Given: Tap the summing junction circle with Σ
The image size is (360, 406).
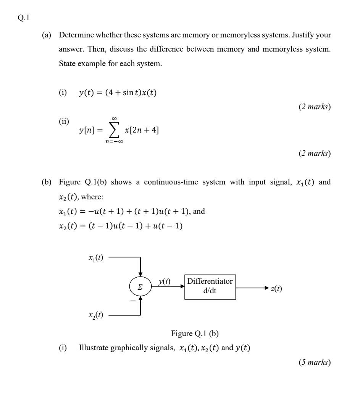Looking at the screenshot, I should (140, 286).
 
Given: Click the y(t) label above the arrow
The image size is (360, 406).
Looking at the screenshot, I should (165, 281).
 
